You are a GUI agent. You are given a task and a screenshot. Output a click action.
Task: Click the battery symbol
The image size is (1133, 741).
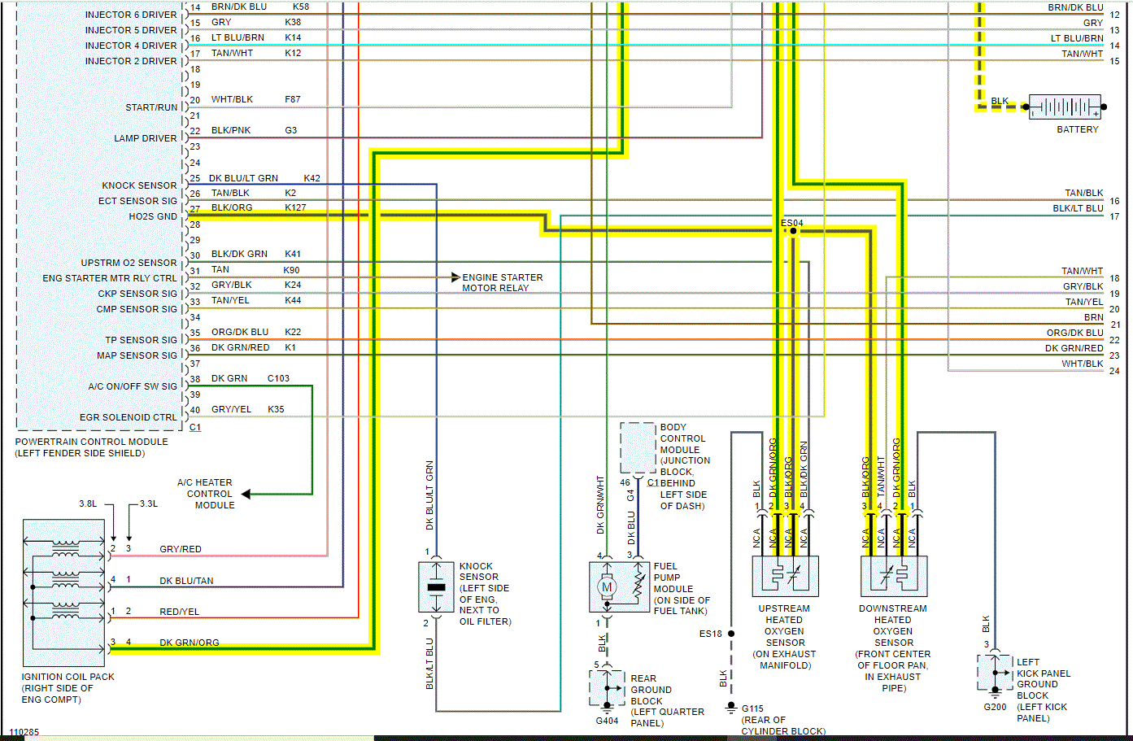pyautogui.click(x=1065, y=107)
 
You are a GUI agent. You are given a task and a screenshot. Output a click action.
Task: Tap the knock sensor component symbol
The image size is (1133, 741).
pyautogui.click(x=436, y=586)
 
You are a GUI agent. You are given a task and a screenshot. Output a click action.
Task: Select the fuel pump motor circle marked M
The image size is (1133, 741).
pyautogui.click(x=606, y=586)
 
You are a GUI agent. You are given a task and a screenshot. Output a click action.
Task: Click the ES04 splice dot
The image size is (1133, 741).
pyautogui.click(x=793, y=231)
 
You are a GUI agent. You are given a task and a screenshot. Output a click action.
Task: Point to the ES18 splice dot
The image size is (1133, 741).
pyautogui.click(x=731, y=634)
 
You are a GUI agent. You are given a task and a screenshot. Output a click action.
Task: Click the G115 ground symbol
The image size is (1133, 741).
pyautogui.click(x=731, y=708)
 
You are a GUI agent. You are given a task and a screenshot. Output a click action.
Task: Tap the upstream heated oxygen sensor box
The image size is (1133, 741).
pyautogui.click(x=785, y=576)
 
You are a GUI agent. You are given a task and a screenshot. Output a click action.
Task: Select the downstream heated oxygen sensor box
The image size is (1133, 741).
pyautogui.click(x=894, y=576)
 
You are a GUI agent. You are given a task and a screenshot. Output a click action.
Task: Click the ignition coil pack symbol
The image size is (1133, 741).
pyautogui.click(x=64, y=593)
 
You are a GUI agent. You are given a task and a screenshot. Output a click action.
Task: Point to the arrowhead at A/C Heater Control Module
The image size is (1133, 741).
pyautogui.click(x=246, y=494)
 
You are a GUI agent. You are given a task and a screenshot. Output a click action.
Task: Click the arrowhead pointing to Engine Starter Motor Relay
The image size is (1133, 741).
pyautogui.click(x=455, y=277)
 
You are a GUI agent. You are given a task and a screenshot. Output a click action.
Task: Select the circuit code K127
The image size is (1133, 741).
pyautogui.click(x=295, y=207)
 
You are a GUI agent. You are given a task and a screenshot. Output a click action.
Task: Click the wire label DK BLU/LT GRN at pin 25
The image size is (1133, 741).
pyautogui.click(x=243, y=178)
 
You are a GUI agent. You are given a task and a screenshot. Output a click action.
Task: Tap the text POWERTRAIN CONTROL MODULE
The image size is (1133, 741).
pyautogui.click(x=91, y=442)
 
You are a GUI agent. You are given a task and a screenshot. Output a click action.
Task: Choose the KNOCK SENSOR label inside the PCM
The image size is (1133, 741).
pyautogui.click(x=139, y=185)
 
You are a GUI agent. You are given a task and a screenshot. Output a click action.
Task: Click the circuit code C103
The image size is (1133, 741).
pyautogui.click(x=278, y=378)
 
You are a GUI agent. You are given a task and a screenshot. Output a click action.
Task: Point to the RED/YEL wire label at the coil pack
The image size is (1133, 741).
pyautogui.click(x=179, y=612)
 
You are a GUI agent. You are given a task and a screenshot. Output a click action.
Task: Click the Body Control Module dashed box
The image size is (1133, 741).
pyautogui.click(x=638, y=447)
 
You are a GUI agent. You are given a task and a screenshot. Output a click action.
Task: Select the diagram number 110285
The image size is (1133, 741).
pyautogui.click(x=24, y=732)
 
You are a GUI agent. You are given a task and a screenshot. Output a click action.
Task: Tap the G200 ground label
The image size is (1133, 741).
pyautogui.click(x=995, y=707)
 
